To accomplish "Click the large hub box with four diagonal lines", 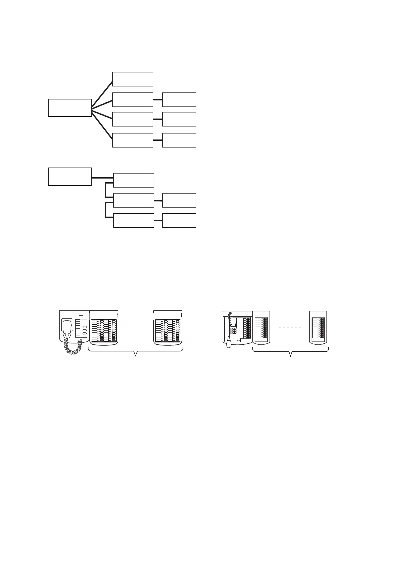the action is coord(70,107).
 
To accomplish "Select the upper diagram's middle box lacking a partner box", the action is coord(133,79).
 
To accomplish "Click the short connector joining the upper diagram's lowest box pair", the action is coord(158,140).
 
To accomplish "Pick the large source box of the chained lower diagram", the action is coord(70,177).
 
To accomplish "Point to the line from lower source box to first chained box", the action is coord(102,177).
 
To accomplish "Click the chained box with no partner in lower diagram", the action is coord(134,180).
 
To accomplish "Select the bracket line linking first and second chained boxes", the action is coord(106,189).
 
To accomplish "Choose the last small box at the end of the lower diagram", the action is coord(179,221).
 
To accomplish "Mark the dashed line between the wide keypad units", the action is coord(135,327).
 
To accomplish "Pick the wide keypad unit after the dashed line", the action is coord(168,328).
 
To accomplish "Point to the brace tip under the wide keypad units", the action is coord(136,355).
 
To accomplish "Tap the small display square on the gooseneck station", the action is coord(233,325).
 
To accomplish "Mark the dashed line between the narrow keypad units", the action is coord(290,327).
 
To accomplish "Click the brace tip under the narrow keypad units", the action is coord(291,355).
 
